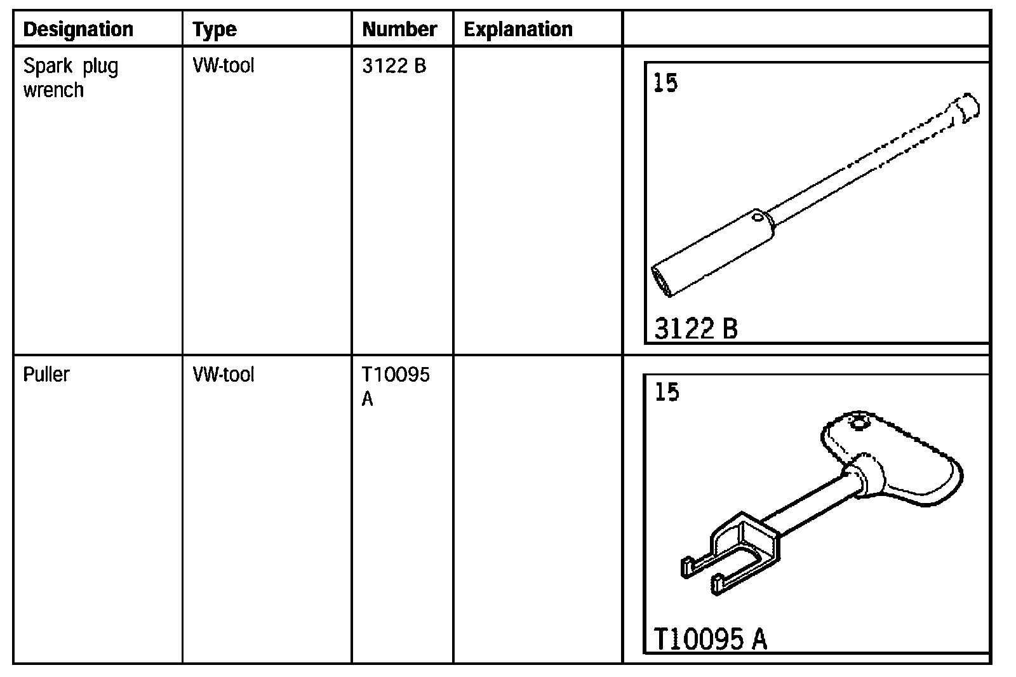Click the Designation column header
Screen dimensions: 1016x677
(78, 29)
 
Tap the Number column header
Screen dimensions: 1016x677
(399, 29)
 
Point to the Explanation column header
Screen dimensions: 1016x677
(518, 30)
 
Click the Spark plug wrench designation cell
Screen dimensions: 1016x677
(70, 78)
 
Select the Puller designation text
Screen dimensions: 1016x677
(46, 375)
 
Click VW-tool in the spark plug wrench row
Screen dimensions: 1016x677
(223, 66)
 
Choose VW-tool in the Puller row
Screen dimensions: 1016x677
(223, 375)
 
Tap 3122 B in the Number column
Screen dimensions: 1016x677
(394, 66)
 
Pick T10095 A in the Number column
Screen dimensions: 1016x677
(395, 387)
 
